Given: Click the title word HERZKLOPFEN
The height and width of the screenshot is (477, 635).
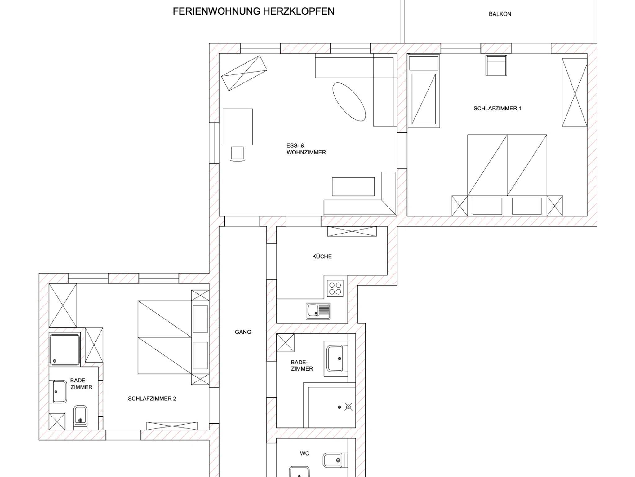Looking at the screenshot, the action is pyautogui.click(x=298, y=11).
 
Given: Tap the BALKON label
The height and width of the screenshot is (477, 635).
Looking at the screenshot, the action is pyautogui.click(x=500, y=14).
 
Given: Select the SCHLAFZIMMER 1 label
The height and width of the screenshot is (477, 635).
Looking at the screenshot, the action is pyautogui.click(x=497, y=108).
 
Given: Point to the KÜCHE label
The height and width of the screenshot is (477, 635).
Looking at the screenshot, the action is pyautogui.click(x=322, y=256).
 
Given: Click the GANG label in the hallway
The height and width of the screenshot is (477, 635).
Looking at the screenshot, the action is pyautogui.click(x=243, y=332).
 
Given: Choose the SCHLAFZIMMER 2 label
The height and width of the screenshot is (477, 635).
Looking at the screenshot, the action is pyautogui.click(x=152, y=399).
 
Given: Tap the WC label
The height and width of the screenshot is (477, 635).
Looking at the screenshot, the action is pyautogui.click(x=304, y=453).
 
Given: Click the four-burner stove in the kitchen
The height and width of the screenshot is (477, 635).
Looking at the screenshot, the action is pyautogui.click(x=335, y=288).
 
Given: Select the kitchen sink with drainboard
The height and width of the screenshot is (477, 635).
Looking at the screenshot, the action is pyautogui.click(x=318, y=311).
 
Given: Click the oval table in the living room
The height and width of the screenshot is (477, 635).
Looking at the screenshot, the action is pyautogui.click(x=349, y=102).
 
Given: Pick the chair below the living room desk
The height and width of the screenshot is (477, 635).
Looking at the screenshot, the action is pyautogui.click(x=238, y=154).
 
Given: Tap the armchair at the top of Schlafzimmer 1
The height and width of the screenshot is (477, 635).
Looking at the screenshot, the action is pyautogui.click(x=496, y=65).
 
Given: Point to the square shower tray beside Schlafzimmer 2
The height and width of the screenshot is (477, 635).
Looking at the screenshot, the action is pyautogui.click(x=64, y=349).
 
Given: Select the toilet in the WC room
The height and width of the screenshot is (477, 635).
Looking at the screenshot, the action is pyautogui.click(x=332, y=460).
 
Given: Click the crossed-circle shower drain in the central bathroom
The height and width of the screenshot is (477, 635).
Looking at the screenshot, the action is pyautogui.click(x=349, y=407).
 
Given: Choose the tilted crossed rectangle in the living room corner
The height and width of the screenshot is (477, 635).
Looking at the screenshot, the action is pyautogui.click(x=244, y=73).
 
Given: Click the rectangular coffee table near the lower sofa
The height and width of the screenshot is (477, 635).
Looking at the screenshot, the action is pyautogui.click(x=353, y=187).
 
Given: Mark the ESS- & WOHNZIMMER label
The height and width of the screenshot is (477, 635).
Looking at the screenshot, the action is pyautogui.click(x=306, y=149).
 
